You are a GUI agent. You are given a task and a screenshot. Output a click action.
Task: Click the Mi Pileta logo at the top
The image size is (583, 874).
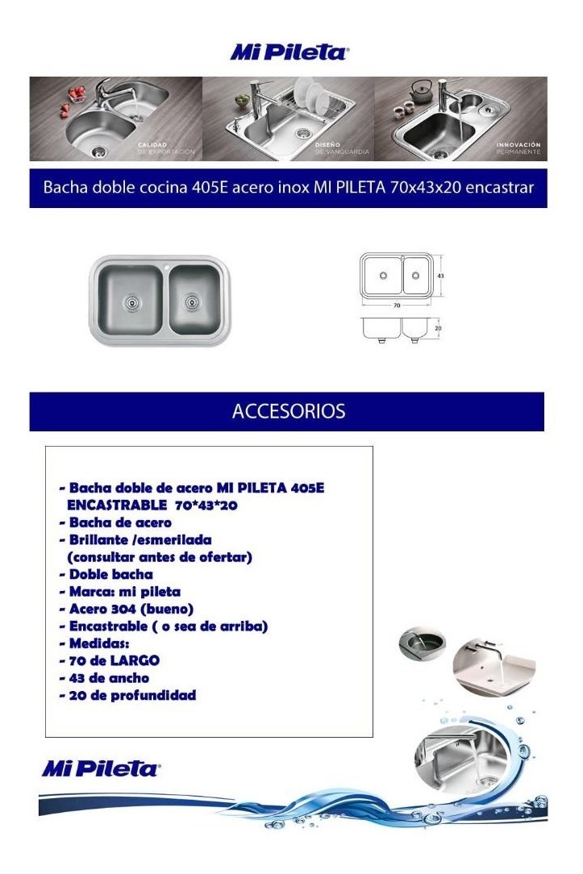point(289,53)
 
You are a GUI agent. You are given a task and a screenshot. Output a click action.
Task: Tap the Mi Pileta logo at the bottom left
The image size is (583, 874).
point(101,768)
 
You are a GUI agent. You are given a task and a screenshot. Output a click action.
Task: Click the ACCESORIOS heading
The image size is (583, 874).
point(288,411)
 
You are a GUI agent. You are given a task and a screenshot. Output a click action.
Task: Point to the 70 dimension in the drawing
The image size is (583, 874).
point(397,306)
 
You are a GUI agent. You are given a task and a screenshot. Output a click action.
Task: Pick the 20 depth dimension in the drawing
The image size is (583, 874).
point(439,328)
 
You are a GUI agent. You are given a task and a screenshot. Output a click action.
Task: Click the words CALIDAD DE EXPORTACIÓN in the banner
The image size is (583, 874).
point(166,148)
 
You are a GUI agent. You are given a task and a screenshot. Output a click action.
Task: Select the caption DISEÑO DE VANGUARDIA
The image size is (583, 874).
point(342,148)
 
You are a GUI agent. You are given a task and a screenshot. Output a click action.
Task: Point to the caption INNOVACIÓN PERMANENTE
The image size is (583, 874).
point(518,148)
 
